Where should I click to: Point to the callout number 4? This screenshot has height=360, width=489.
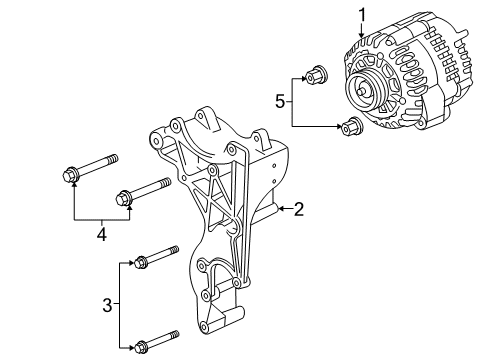pos(100,236)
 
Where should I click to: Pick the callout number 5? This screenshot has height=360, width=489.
pos(281,99)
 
